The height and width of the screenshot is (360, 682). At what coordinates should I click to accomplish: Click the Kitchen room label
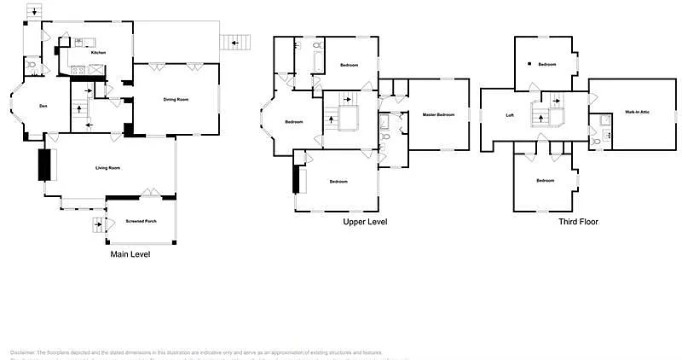(x=98, y=53)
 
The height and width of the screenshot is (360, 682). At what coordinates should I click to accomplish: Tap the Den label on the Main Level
(x=43, y=106)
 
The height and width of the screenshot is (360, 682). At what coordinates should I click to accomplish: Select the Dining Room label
(x=176, y=100)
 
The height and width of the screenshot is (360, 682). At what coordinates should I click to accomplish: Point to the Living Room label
(x=107, y=167)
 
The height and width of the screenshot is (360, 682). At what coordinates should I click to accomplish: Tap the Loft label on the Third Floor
(x=510, y=115)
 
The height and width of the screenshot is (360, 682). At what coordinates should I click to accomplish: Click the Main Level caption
(x=130, y=253)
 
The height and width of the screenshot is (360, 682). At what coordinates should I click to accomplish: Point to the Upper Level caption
(x=365, y=222)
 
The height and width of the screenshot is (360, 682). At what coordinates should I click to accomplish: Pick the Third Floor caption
(x=578, y=222)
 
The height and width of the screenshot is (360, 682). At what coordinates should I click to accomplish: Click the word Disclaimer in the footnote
(x=23, y=352)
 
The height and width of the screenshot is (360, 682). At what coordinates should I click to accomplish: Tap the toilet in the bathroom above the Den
(x=31, y=64)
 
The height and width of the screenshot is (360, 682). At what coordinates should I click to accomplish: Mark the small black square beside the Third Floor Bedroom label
(x=529, y=64)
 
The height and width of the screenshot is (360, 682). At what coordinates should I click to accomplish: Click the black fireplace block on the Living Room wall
(x=44, y=165)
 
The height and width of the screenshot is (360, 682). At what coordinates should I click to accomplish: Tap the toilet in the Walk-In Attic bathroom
(x=596, y=142)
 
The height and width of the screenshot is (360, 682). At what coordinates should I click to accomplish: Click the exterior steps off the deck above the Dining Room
(x=235, y=43)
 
